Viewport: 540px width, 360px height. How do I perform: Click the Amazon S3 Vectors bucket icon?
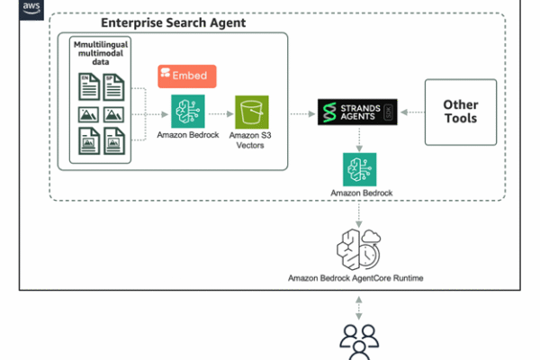[251, 112]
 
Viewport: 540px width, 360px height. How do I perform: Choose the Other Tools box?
[460, 112]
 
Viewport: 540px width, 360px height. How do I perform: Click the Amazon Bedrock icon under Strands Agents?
[359, 169]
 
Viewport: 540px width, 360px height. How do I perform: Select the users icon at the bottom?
[359, 342]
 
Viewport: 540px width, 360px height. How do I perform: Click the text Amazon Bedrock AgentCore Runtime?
[359, 280]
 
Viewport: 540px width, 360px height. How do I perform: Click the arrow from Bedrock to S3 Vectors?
[219, 113]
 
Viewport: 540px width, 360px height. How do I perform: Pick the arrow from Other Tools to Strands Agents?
[410, 112]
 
